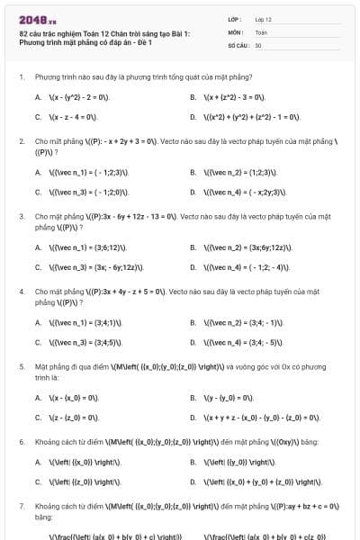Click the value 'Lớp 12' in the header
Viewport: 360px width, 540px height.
(263, 19)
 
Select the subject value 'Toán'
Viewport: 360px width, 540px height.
(261, 31)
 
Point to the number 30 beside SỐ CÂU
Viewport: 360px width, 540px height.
(258, 44)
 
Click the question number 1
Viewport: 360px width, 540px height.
(21, 78)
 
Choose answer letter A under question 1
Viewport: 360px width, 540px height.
(38, 96)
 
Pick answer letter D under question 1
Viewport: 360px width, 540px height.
(193, 117)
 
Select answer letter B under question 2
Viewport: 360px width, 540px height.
(193, 172)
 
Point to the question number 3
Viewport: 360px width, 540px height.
(21, 217)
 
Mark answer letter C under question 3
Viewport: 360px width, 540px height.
(38, 267)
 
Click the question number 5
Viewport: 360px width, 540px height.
(21, 368)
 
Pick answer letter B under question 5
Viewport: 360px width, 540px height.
(193, 398)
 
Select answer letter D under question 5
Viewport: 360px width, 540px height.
(193, 418)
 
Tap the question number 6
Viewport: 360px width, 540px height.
(21, 443)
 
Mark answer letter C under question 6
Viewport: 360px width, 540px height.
(38, 482)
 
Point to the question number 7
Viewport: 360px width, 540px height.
(21, 508)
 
